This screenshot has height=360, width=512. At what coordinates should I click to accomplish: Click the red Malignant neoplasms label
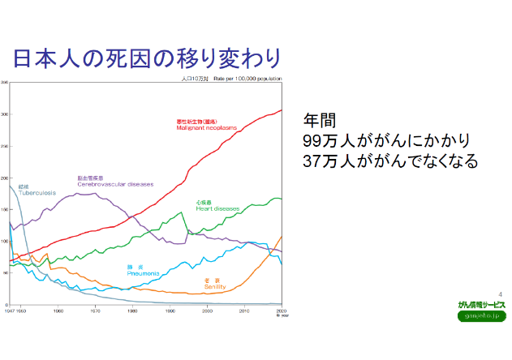pos(206,126)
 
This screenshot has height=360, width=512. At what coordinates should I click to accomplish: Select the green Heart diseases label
pos(217,206)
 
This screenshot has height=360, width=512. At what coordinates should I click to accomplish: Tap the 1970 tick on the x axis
pos(95,311)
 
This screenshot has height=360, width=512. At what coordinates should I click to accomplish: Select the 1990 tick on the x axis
pos(170,311)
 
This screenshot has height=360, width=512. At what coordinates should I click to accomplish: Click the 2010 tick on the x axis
pos(244,311)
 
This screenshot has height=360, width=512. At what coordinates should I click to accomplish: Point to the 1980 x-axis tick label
pos(132,311)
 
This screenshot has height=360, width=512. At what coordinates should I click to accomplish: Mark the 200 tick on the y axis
pos(5,178)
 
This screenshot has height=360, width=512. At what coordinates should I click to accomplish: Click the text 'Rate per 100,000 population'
pos(252,79)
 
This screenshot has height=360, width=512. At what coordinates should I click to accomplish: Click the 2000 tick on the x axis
pos(207,311)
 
